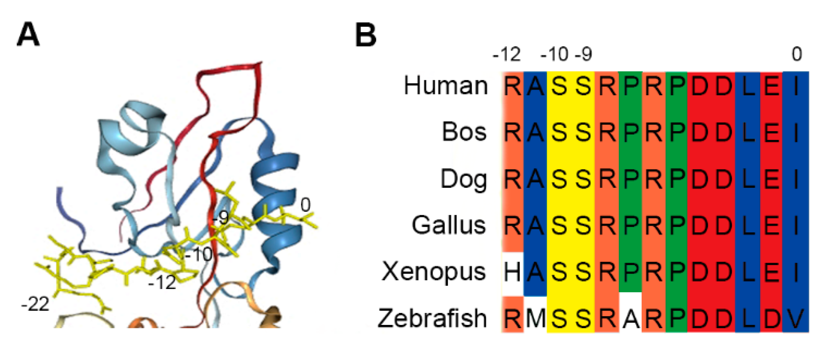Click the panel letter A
[x=28, y=35]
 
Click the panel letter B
[x=365, y=35]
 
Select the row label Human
[x=445, y=86]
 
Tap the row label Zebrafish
[x=432, y=318]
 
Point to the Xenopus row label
[x=433, y=272]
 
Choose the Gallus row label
[x=449, y=225]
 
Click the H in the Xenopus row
[x=512, y=272]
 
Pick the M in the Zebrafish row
[x=536, y=319]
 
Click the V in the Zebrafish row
[x=796, y=319]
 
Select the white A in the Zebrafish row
[x=630, y=319]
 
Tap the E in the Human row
[x=772, y=86]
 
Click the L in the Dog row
[x=748, y=179]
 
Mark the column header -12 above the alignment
[x=506, y=54]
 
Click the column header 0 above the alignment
[x=796, y=54]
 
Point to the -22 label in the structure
[x=35, y=305]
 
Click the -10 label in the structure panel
[x=199, y=254]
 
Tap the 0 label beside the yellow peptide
[x=305, y=205]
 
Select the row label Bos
[x=464, y=132]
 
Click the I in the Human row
[x=796, y=86]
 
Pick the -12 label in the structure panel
[x=162, y=283]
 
